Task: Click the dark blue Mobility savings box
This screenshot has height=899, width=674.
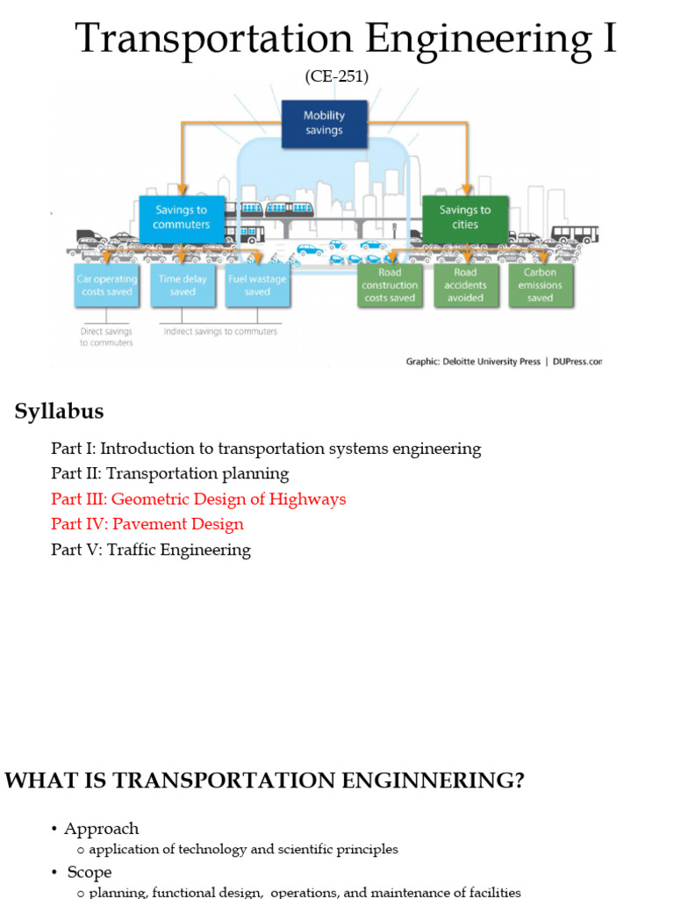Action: [x=324, y=124]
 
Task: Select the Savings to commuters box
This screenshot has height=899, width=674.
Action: [x=182, y=217]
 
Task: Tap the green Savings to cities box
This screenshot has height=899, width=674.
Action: [x=465, y=217]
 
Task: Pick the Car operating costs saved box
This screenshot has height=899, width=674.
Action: [x=106, y=285]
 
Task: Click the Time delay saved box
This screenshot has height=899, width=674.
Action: [x=183, y=285]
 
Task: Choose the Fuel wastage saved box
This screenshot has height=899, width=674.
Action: [x=257, y=285]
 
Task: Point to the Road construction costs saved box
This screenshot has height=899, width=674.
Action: [x=390, y=285]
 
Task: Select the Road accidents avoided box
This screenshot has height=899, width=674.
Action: [x=465, y=285]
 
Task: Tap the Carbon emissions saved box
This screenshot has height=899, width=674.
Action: [x=541, y=285]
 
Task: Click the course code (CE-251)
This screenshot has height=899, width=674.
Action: [x=337, y=77]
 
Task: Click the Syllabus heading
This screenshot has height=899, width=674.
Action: [x=59, y=411]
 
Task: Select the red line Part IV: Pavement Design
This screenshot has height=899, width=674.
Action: [x=147, y=524]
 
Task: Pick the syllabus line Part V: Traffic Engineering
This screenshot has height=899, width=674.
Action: [x=151, y=550]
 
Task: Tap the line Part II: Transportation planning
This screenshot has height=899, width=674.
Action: [x=169, y=473]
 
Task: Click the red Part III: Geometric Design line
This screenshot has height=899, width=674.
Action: [x=198, y=499]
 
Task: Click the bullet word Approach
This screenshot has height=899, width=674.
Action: [x=101, y=829]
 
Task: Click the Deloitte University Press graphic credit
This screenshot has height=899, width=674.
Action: [x=503, y=361]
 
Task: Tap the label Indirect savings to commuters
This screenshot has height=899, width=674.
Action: [x=220, y=332]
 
